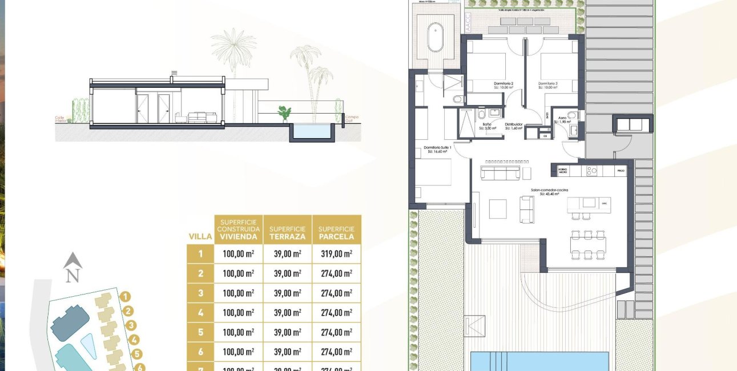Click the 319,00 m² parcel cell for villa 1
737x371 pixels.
tap(337, 254)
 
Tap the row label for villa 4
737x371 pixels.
tap(200, 313)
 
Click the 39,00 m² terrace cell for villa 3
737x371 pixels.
tap(287, 293)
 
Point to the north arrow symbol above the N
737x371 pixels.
tap(73, 261)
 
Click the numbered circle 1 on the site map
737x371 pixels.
tap(126, 296)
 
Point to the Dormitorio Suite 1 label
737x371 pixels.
tap(438, 149)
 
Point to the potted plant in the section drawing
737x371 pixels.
tap(284, 112)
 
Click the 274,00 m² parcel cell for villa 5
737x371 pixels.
tap(337, 332)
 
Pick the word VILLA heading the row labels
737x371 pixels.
tap(200, 236)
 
